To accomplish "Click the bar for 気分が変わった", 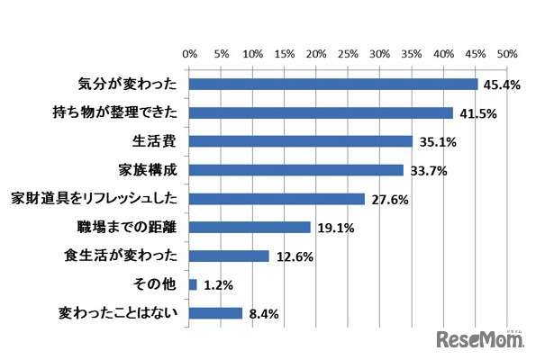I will pyautogui.click(x=333, y=85).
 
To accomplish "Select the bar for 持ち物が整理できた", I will pyautogui.click(x=321, y=113).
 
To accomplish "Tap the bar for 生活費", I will pyautogui.click(x=301, y=141).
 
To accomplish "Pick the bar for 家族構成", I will pyautogui.click(x=296, y=170).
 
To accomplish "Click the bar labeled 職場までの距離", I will pyautogui.click(x=250, y=227).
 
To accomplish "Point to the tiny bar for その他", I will pyautogui.click(x=193, y=284).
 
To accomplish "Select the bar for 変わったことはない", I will pyautogui.click(x=216, y=313).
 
